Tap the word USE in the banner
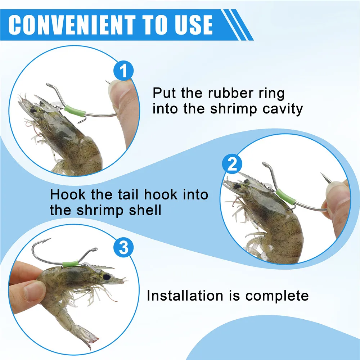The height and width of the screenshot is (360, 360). pos(194,25)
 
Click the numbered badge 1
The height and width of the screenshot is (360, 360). pos(123,71)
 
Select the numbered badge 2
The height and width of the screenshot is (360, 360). pos(232,164)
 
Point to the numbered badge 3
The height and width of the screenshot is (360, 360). pos(123,248)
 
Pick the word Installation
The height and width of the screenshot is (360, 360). pos(185,295)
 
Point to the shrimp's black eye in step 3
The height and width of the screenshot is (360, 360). pos(107,277)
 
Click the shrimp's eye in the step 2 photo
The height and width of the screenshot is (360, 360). pos(237,186)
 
